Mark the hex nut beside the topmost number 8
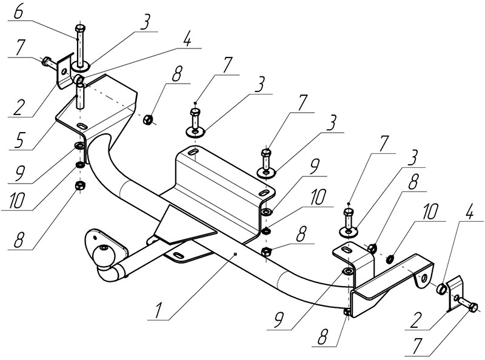148,119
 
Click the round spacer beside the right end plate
440,287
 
